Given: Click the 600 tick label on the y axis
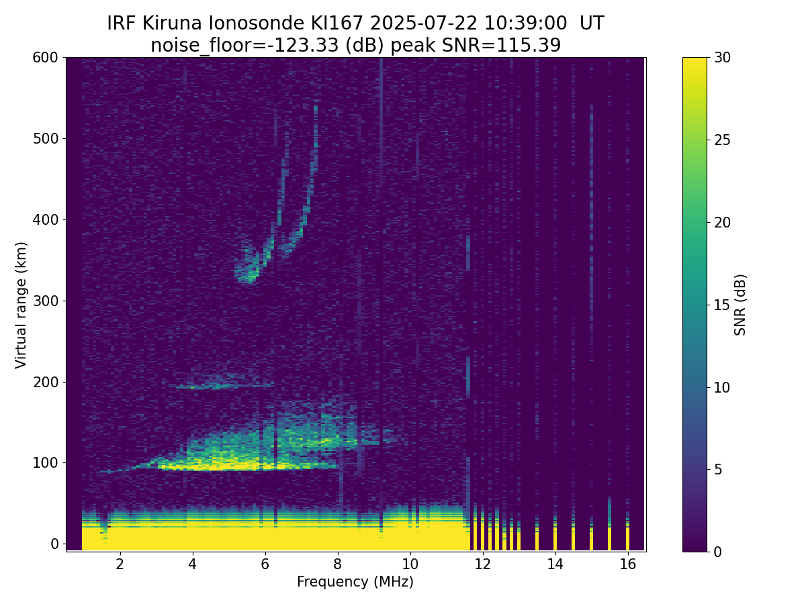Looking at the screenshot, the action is click(x=45, y=58).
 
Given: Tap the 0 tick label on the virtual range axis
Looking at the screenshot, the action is click(x=54, y=544).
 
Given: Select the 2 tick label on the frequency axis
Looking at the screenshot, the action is click(x=120, y=564).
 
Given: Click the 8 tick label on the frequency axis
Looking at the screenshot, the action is click(x=337, y=564).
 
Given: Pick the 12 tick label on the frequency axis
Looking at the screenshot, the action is click(x=482, y=564).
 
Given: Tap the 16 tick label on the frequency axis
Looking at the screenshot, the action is click(x=627, y=564).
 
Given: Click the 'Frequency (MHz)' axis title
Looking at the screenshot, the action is click(x=355, y=582).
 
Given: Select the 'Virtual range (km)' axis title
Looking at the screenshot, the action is click(x=21, y=305).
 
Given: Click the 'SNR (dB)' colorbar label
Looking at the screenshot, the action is click(x=740, y=305).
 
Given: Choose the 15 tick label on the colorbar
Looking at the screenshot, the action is click(x=722, y=305).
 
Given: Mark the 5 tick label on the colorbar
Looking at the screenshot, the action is click(x=718, y=469).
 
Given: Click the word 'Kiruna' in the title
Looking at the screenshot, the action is click(x=172, y=23).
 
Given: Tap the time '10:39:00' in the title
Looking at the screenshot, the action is click(x=525, y=23).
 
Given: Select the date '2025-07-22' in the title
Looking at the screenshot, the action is click(x=423, y=23).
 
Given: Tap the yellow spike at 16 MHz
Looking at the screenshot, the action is click(x=627, y=536).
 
